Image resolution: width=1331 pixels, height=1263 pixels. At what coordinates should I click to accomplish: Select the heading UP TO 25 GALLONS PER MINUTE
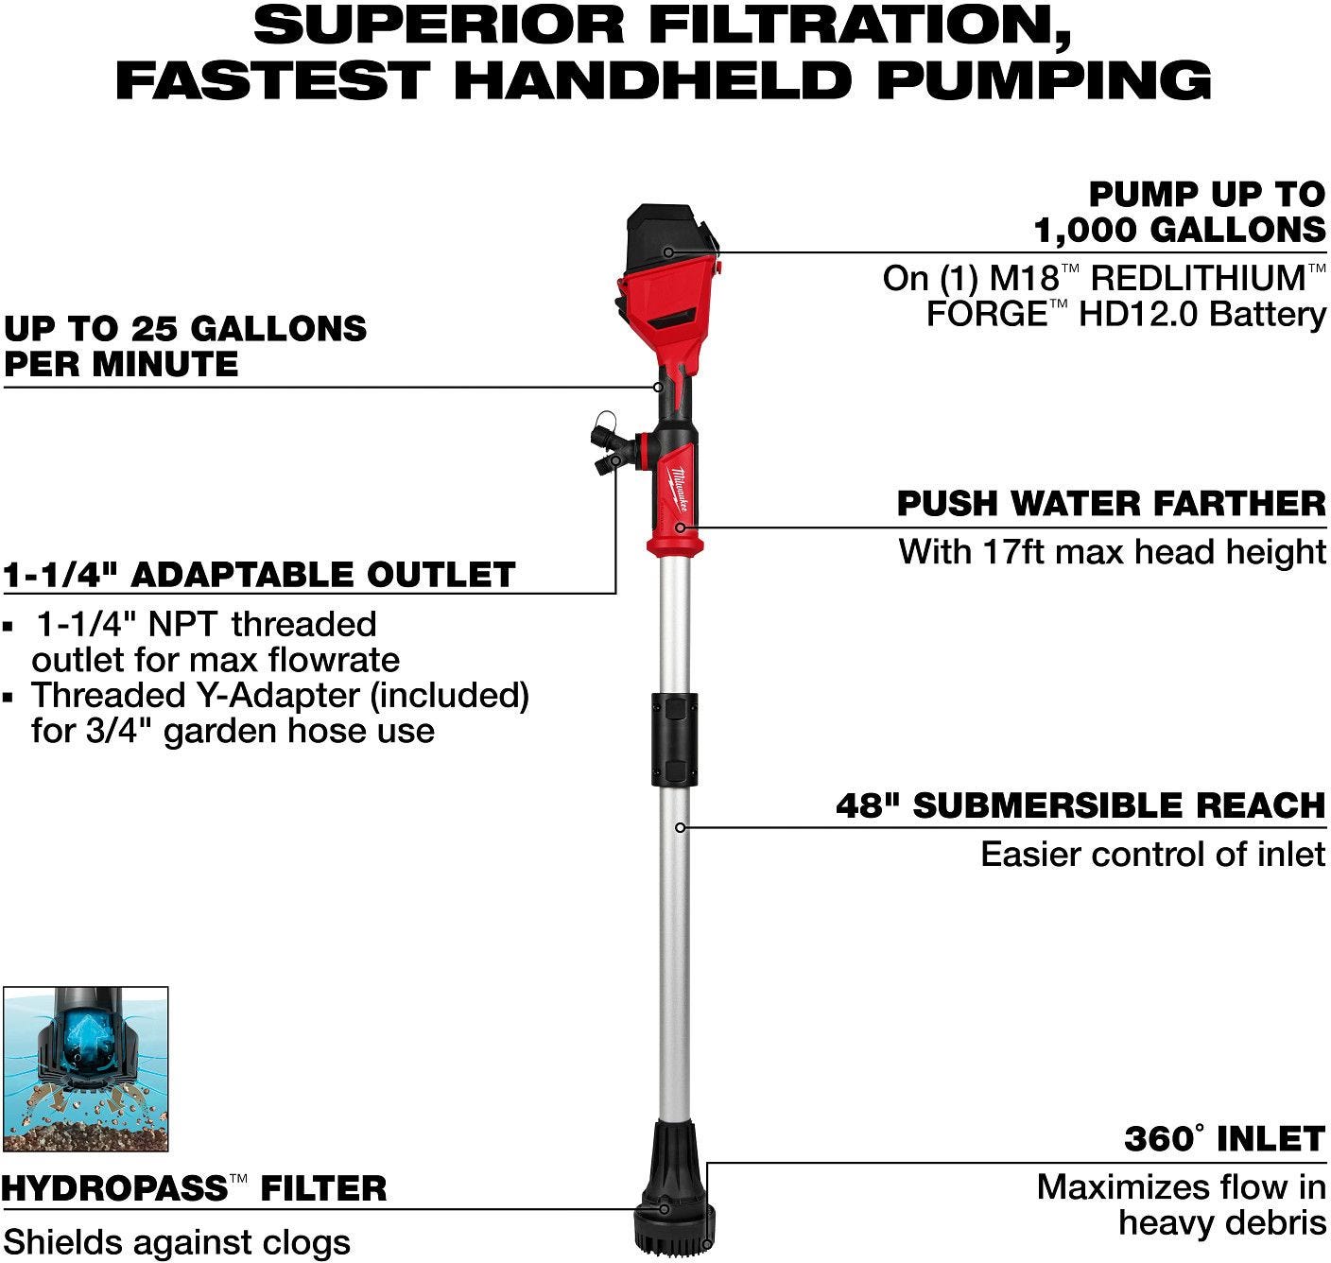pyautogui.click(x=185, y=346)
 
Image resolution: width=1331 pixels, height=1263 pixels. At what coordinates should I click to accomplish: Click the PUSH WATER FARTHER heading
pyautogui.click(x=1111, y=503)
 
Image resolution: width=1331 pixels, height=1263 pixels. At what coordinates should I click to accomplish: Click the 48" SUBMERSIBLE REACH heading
pyautogui.click(x=1080, y=805)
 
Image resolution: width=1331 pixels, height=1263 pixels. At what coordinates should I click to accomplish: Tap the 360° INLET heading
pyautogui.click(x=1224, y=1138)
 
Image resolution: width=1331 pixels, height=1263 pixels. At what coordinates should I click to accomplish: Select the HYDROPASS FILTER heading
pyautogui.click(x=194, y=1187)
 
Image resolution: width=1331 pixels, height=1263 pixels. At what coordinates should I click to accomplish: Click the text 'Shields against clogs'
pyautogui.click(x=177, y=1241)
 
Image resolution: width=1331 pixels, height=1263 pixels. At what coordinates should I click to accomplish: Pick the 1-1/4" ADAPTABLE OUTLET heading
pyautogui.click(x=259, y=574)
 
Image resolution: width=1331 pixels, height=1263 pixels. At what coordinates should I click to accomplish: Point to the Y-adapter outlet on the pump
pyautogui.click(x=610, y=443)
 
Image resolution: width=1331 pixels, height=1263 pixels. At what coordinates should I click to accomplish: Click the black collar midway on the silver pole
pyautogui.click(x=673, y=739)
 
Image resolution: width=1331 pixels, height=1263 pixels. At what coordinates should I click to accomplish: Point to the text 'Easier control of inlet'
pyautogui.click(x=1152, y=854)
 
